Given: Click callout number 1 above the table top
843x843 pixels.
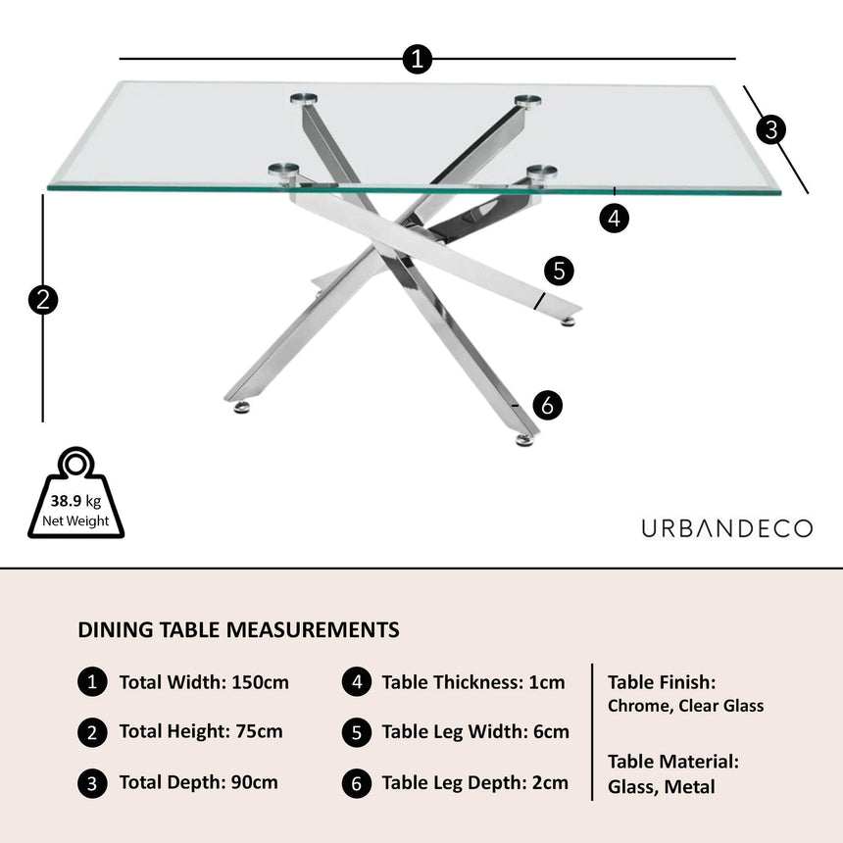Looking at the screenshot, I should (x=418, y=60).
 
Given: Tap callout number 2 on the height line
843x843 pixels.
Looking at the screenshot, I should (x=43, y=299).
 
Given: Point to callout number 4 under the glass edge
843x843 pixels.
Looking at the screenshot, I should (x=615, y=219).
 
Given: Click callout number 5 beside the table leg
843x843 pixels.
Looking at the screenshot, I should (x=558, y=272).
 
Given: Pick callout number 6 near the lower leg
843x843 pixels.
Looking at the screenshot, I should (x=548, y=404).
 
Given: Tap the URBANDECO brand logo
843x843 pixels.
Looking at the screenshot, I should (x=726, y=528).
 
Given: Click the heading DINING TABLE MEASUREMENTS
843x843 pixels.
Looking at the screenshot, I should (x=238, y=629).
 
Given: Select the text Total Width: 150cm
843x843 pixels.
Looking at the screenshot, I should (x=204, y=682).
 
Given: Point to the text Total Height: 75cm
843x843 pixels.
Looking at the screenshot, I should (x=201, y=731).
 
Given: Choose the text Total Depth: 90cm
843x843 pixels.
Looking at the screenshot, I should (x=198, y=782).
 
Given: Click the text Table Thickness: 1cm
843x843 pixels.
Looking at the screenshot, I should (x=473, y=682).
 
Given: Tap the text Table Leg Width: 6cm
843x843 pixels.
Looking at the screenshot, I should (x=475, y=731).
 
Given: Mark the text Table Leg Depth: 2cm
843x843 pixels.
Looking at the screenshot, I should (x=474, y=782).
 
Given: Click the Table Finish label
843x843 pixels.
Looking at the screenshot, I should (x=662, y=681).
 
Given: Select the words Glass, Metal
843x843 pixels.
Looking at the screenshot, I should (x=662, y=786).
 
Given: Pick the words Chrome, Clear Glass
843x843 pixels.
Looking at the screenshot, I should (x=685, y=706).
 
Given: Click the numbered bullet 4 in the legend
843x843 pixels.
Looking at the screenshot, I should (x=356, y=682).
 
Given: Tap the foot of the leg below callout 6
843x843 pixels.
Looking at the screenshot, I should (x=525, y=440).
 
